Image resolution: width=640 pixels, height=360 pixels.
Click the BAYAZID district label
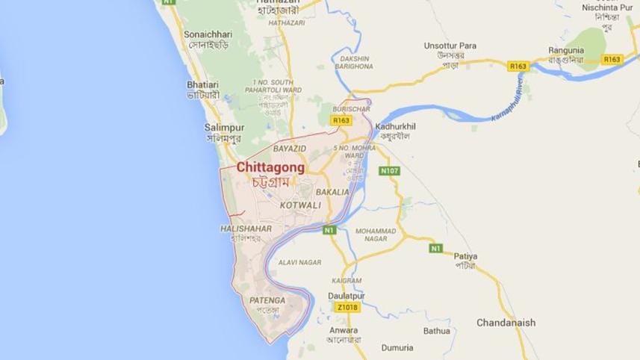pos(290,149)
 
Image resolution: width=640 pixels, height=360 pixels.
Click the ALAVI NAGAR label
pos(299,262)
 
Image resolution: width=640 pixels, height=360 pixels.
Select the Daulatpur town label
pos(346,296)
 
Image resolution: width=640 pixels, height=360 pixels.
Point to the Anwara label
pos(343,330)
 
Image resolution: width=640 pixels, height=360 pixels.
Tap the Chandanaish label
pos(507,323)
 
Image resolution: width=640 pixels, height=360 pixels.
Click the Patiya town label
pos(465,256)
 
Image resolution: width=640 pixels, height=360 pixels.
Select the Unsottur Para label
pos(450,46)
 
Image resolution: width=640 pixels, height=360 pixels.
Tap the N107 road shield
pos(389,171)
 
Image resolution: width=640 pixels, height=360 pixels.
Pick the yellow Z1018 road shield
pos(349,307)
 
